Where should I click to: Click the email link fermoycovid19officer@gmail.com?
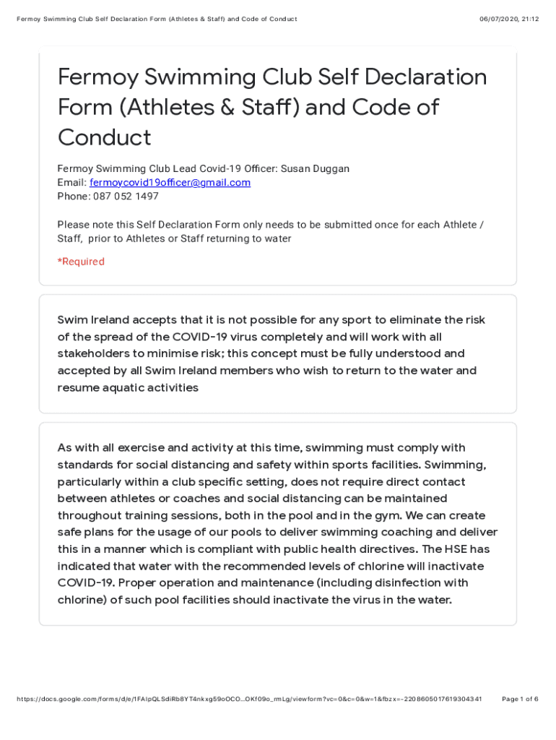pos(170,183)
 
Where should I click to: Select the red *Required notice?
pos(81,262)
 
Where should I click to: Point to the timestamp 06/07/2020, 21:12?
pos(509,19)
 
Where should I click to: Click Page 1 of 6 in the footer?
pos(520,699)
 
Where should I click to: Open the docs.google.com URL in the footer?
pos(248,699)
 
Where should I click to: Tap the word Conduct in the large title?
pos(104,137)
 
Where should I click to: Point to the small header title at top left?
pos(157,19)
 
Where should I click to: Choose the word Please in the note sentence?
pos(74,225)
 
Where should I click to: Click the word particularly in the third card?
pos(93,482)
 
